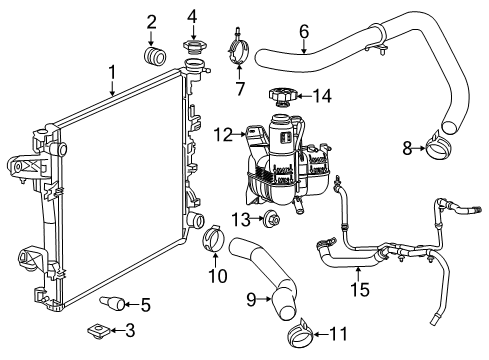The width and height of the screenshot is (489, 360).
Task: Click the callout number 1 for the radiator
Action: [112, 71]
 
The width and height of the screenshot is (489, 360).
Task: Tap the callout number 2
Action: [151, 22]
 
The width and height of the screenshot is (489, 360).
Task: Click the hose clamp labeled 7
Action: [238, 47]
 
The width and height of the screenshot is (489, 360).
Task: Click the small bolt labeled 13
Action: [271, 219]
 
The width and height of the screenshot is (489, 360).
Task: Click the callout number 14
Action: [320, 97]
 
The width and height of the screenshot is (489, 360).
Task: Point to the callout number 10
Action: [212, 274]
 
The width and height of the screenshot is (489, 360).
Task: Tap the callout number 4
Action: [192, 14]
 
